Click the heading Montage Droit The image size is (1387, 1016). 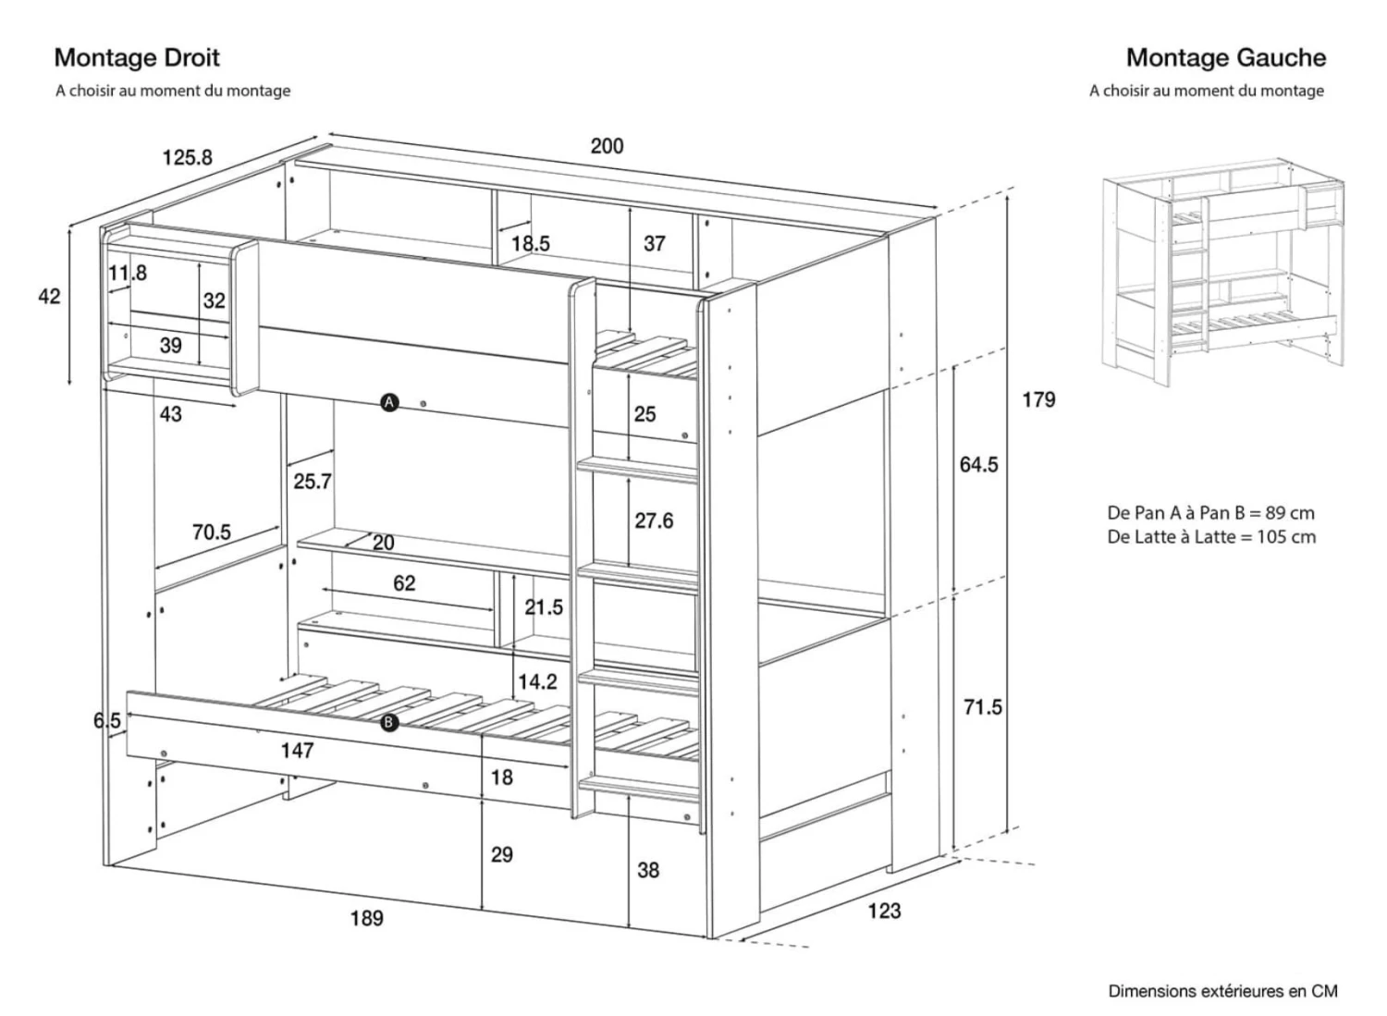(x=137, y=57)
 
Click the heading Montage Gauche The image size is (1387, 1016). (x=1225, y=57)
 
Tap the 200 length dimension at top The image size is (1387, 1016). (x=607, y=146)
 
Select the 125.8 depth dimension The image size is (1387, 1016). (x=187, y=157)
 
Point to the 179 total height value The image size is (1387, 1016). (x=1038, y=399)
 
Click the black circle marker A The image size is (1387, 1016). (x=389, y=402)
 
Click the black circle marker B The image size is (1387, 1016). (x=389, y=723)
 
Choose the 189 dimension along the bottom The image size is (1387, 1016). (x=367, y=918)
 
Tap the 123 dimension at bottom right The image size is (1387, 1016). (x=884, y=911)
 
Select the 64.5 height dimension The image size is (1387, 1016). (x=978, y=464)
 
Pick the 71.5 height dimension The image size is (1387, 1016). (x=982, y=707)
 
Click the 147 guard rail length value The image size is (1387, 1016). (x=297, y=751)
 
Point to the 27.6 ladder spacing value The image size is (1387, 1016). (x=654, y=520)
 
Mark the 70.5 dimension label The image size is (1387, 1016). (x=212, y=532)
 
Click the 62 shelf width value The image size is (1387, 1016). (x=404, y=583)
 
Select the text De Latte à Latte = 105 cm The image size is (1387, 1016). (x=1211, y=537)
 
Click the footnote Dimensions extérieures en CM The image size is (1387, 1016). (x=1222, y=991)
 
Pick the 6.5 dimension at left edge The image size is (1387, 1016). (x=107, y=720)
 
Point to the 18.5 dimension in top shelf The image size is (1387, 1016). (x=530, y=243)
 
